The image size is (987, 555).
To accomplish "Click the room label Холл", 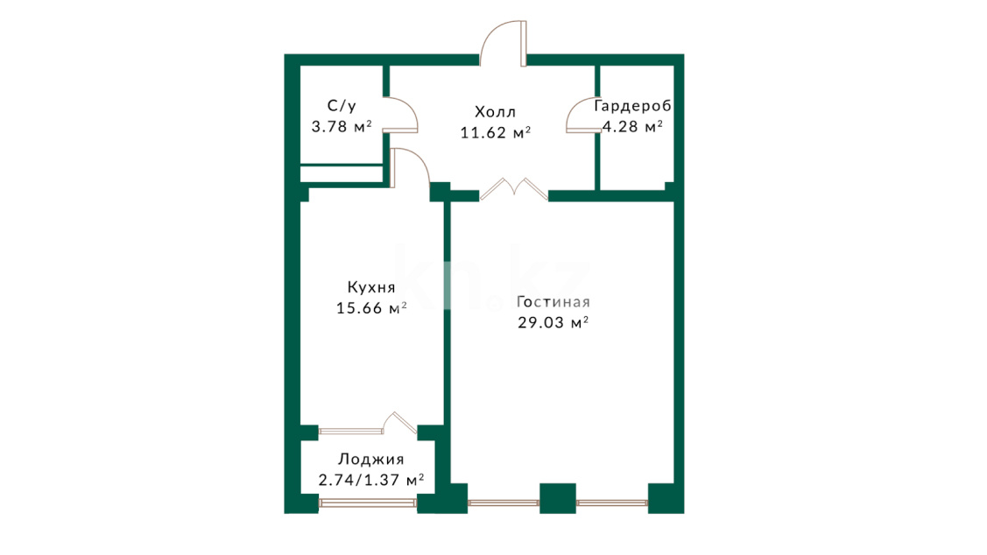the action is [x=496, y=112].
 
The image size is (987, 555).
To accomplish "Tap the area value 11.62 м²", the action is [x=496, y=133].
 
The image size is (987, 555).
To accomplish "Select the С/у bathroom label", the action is [x=342, y=106].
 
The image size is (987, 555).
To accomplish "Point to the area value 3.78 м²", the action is [x=342, y=126].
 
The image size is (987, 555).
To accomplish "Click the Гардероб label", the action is [x=632, y=106].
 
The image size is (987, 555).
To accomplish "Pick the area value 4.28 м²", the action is [x=632, y=126].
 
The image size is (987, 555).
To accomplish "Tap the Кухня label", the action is [x=371, y=288].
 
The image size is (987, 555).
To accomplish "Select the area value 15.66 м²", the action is [x=371, y=308].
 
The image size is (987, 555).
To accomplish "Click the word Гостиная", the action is [x=553, y=302].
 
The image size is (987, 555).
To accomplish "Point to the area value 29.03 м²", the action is [x=553, y=323].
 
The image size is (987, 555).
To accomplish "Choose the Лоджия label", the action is [x=370, y=460].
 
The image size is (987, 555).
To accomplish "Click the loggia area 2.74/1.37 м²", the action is [x=370, y=480].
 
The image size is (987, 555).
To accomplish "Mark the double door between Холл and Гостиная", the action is [x=513, y=190].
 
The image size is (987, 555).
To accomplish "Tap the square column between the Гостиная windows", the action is [x=558, y=498].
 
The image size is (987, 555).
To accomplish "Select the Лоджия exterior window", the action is [x=368, y=502].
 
